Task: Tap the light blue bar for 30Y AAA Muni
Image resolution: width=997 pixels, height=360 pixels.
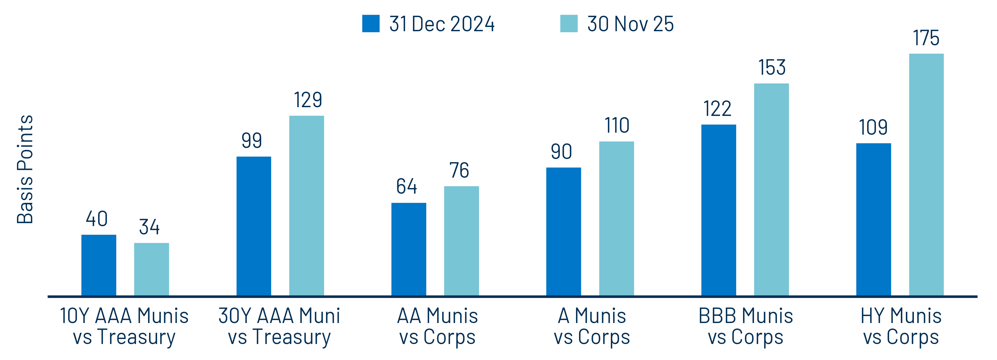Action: [307, 206]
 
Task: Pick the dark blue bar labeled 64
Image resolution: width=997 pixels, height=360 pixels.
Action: [409, 249]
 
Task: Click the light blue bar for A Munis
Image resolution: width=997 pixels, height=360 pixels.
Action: [616, 219]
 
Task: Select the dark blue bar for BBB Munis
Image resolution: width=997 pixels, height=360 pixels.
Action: [718, 210]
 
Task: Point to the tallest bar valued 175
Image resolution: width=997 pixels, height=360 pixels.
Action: [926, 175]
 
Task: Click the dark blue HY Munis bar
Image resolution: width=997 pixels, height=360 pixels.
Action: [874, 220]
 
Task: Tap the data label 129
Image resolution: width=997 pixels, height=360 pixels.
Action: [308, 100]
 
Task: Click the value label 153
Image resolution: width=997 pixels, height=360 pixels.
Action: [772, 67]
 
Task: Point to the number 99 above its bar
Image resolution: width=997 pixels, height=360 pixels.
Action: [252, 140]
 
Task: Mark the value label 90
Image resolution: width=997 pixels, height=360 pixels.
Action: [561, 151]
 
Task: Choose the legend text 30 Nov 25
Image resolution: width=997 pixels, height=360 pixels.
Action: [630, 24]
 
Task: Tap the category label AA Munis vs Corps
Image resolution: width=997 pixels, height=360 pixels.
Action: [437, 326]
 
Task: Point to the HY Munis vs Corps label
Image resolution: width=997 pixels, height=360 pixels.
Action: [901, 326]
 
